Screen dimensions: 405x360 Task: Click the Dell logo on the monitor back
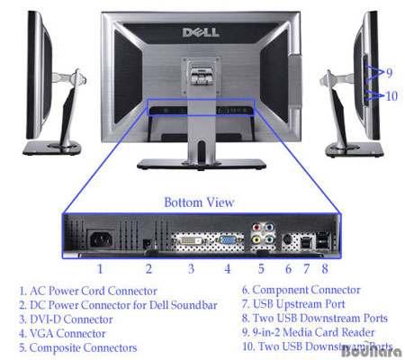click(201, 32)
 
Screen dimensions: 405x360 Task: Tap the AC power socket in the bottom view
click(101, 239)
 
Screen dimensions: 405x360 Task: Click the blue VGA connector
click(228, 240)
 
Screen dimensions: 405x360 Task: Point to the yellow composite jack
click(256, 239)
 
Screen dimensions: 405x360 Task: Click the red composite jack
click(256, 228)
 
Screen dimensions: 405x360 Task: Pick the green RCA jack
click(269, 239)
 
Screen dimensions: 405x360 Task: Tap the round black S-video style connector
click(288, 239)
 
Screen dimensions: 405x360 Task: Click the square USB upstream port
click(306, 241)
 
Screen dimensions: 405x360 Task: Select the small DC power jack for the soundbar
click(147, 244)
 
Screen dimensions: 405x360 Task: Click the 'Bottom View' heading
click(199, 202)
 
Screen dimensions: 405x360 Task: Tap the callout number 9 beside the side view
click(389, 73)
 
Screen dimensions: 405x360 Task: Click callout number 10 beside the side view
click(391, 96)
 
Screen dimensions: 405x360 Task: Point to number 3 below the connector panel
click(191, 269)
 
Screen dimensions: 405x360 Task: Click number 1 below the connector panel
click(100, 269)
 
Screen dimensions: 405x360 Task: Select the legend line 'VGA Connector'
click(62, 334)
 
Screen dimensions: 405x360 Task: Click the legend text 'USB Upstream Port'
click(293, 304)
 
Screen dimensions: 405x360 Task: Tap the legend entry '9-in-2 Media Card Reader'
click(309, 332)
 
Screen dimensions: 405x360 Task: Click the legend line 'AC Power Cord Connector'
click(88, 291)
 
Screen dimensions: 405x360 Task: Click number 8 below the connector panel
click(325, 269)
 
